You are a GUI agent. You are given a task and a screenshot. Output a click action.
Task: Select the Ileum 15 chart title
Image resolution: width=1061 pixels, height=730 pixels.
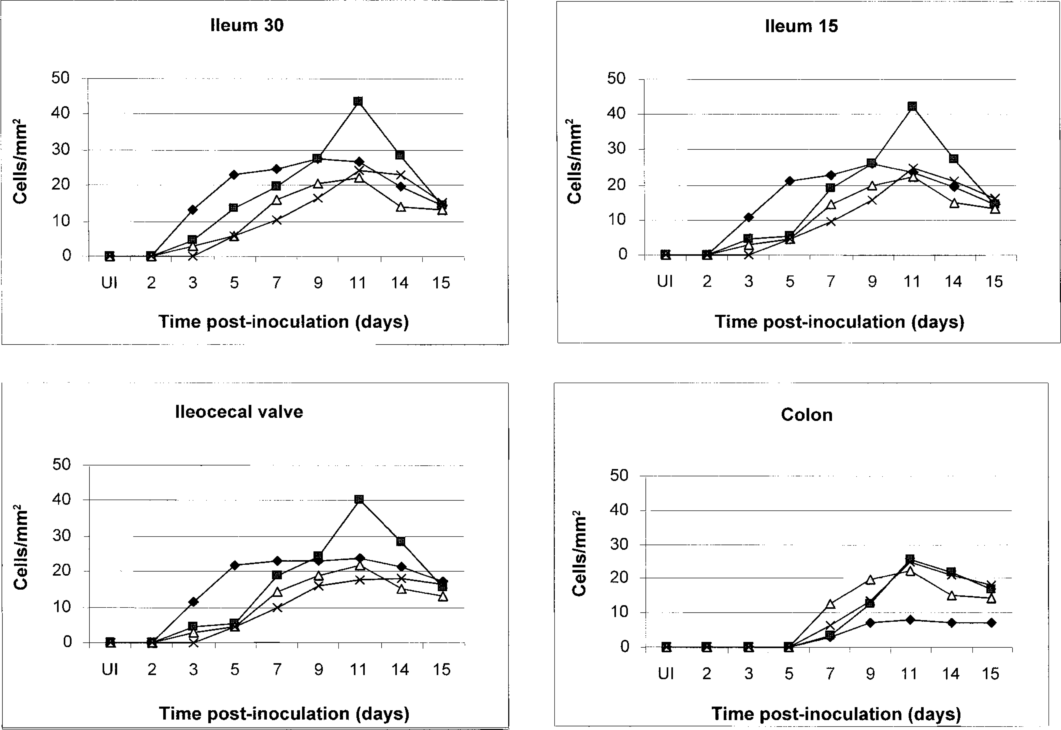802,26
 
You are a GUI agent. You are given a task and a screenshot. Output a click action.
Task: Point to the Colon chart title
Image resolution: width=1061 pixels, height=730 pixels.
807,415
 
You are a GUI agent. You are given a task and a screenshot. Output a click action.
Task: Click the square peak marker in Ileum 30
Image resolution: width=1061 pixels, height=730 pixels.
358,101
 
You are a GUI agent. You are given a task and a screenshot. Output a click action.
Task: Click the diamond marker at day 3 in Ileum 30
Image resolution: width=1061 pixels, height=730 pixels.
193,210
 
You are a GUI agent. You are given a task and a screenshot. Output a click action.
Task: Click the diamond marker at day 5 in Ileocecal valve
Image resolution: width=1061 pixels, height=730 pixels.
235,565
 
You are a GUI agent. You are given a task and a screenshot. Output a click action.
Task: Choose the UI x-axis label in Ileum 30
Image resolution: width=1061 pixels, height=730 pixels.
109,283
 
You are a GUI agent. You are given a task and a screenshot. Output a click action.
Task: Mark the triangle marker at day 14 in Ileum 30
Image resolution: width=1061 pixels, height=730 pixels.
401,207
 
